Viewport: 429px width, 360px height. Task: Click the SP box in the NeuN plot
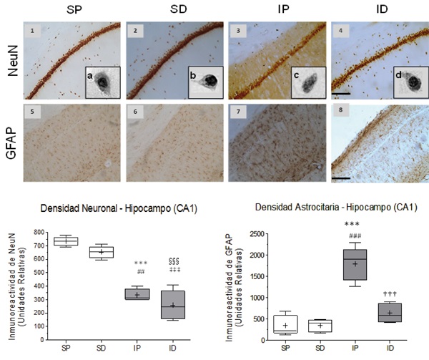(66, 240)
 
